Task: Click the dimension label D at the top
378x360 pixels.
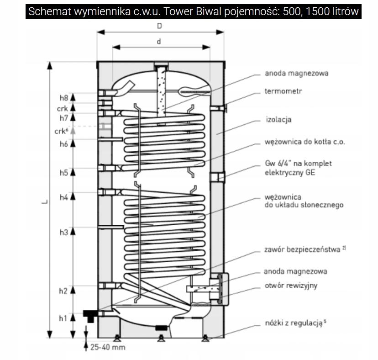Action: (159, 26)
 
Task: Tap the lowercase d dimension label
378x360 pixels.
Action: (159, 41)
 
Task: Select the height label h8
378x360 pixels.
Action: (63, 98)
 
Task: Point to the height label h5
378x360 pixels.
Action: (63, 173)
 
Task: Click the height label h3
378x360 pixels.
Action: (63, 233)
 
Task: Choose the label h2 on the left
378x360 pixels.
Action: (63, 291)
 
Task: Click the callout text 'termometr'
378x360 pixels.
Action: (283, 91)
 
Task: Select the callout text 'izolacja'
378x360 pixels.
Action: (278, 120)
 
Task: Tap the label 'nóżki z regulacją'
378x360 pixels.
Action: (292, 323)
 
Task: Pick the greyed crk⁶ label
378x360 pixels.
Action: (61, 131)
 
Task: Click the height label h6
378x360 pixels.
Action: (63, 144)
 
